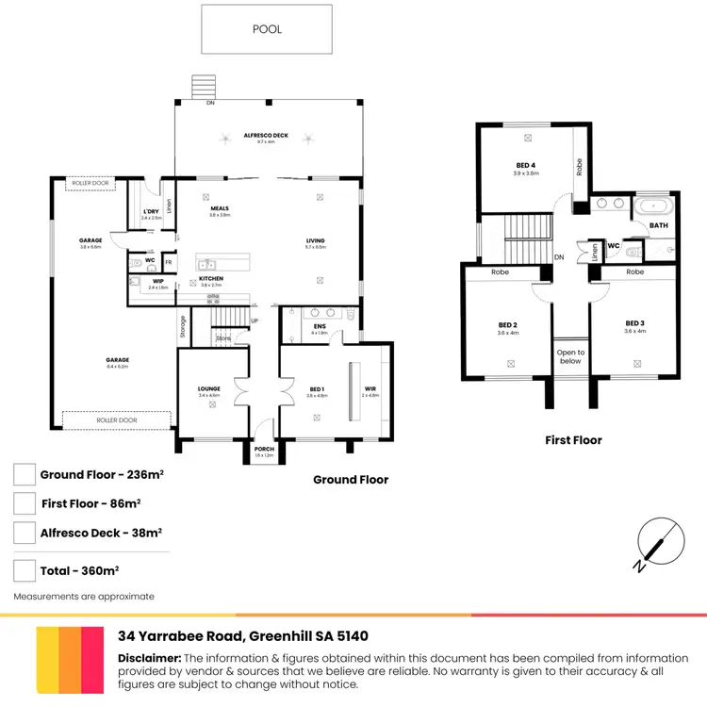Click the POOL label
[267, 29]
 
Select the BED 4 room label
[525, 165]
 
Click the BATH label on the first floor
[658, 225]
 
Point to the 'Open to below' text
[570, 356]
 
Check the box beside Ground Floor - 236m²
[25, 475]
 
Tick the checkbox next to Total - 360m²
[25, 569]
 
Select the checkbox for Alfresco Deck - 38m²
[25, 533]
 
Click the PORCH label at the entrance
[263, 449]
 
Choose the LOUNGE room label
[208, 387]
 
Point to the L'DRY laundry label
[151, 211]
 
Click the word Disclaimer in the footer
[149, 658]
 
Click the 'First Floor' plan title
[573, 440]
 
